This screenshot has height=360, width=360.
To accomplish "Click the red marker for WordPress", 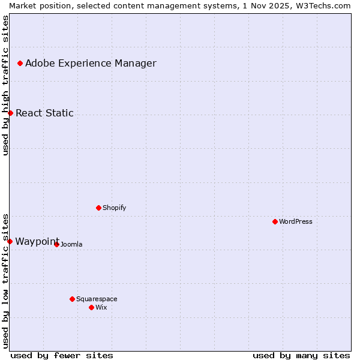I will tap(275, 221).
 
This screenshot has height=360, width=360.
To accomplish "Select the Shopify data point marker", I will tap(98, 208).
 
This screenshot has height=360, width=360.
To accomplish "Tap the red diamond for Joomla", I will tap(56, 244).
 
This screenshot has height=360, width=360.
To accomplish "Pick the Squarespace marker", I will tap(72, 299).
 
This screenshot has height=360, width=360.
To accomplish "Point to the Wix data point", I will tap(91, 307).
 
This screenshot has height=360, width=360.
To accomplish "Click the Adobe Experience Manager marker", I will tap(20, 63).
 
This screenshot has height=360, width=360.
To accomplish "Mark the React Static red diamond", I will tap(10, 113).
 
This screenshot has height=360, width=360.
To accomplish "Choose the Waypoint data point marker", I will tap(10, 241).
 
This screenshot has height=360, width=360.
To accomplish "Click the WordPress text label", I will tap(295, 221).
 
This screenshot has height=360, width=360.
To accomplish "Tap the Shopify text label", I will tap(114, 208).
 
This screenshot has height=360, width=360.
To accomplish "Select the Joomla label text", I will tap(71, 244).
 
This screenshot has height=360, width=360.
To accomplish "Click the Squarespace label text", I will tap(97, 299).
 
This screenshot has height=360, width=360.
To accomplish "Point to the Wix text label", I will tap(101, 307).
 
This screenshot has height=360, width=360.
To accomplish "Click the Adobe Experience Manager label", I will tap(91, 63).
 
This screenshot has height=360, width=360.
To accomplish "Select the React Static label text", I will tap(44, 113).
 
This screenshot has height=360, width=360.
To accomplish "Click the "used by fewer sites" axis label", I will tap(62, 355).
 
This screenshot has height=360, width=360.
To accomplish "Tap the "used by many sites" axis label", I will tap(301, 355).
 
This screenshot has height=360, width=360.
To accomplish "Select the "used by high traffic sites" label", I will tap(5, 85).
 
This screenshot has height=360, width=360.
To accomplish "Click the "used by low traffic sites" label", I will tap(5, 280).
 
